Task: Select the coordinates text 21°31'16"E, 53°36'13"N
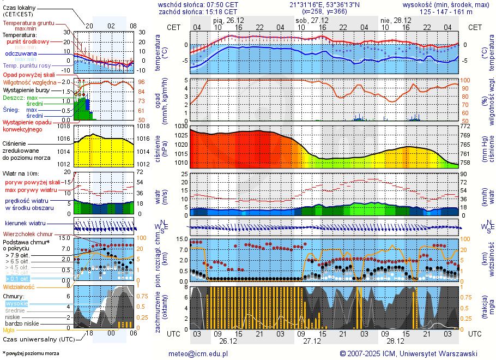(324, 4)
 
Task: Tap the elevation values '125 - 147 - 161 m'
(446, 11)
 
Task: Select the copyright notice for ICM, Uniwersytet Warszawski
(408, 353)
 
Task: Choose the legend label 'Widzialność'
(19, 286)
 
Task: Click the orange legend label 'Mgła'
(9, 329)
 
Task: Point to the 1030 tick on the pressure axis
(181, 126)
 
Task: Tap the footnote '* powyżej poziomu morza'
(30, 353)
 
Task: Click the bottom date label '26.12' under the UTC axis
(228, 341)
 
